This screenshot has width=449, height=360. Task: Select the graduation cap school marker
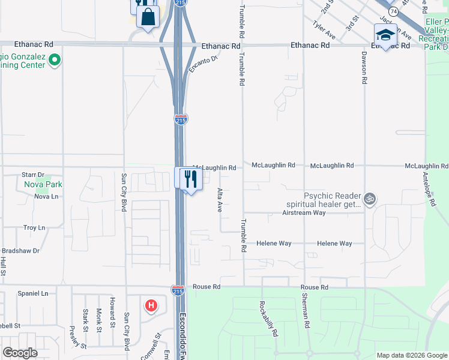[385, 34]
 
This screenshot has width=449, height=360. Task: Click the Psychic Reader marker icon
[370, 199]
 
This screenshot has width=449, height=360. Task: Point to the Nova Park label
[44, 184]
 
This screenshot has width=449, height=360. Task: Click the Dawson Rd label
[364, 65]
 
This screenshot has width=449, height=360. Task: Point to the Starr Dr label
[33, 174]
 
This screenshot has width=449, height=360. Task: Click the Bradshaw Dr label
[22, 250]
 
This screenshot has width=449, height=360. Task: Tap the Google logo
[20, 353]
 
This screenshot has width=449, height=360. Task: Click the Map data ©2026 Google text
[411, 355]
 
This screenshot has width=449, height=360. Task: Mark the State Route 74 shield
[393, 11]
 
